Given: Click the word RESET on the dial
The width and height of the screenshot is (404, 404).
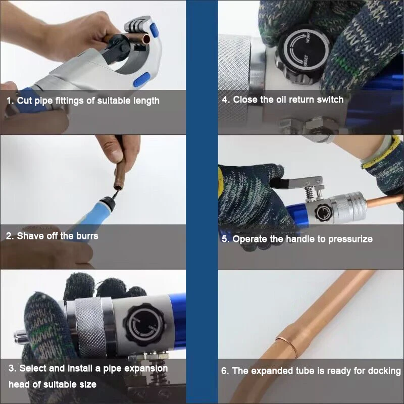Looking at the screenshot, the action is (306, 60).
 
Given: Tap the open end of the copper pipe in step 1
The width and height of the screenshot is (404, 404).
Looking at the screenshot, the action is (146, 39).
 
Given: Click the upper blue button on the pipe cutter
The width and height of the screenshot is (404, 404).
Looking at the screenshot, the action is (155, 30).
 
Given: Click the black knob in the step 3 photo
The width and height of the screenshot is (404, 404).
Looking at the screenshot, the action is (144, 324).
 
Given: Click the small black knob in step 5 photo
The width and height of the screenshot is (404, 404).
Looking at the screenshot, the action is (322, 213).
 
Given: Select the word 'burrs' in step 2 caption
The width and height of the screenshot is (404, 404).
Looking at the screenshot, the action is (87, 236).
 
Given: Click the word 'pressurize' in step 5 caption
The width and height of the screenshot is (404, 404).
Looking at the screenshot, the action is (350, 239).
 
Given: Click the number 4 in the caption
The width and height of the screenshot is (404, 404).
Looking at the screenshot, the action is (225, 99).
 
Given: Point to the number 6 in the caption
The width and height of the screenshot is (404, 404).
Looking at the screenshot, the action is (224, 371).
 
